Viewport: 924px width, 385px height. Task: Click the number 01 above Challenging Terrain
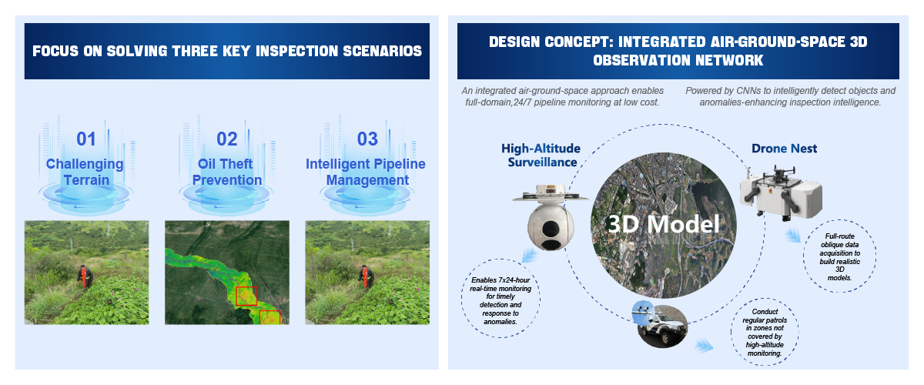pos(85,139)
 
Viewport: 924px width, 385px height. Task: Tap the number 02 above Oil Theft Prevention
pos(227,139)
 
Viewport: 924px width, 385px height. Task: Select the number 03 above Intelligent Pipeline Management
pos(367,139)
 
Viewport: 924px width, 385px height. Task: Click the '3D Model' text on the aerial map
pos(664,224)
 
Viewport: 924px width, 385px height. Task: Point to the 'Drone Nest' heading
pos(784,149)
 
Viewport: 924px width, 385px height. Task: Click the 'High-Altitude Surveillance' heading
pos(541,156)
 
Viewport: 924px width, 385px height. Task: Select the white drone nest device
pos(781,192)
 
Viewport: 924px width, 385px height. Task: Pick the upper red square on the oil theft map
pos(246,296)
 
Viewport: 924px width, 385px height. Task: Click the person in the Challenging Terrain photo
pos(85,276)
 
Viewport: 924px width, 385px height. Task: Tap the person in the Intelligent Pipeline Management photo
pos(366,276)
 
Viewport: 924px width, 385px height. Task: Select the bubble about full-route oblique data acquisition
pos(840,256)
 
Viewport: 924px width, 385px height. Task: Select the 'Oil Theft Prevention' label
pos(227,172)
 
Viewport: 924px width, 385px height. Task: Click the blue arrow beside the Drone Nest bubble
pos(793,236)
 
